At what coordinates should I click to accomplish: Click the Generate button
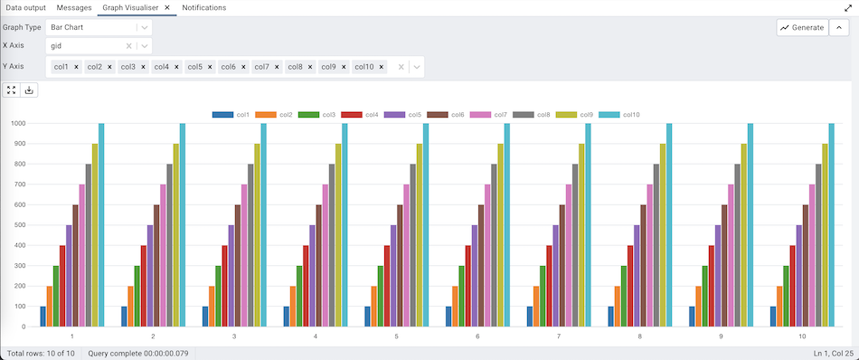tap(801, 27)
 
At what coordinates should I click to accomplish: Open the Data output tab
tap(26, 7)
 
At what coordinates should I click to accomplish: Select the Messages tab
tap(74, 7)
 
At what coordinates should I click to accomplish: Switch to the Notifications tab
tap(204, 7)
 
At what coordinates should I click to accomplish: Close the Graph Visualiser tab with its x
tap(167, 7)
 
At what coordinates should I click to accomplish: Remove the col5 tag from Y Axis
tap(209, 67)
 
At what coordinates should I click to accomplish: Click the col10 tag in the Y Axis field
tap(363, 67)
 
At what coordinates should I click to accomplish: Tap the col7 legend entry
tap(490, 115)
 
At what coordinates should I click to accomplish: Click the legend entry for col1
tap(232, 115)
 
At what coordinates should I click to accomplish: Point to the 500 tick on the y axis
tap(19, 225)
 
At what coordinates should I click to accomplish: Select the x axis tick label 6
tap(477, 336)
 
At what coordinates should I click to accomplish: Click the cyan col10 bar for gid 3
tap(264, 224)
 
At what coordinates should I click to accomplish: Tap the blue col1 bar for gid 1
tap(42, 317)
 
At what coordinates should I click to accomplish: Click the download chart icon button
tap(29, 90)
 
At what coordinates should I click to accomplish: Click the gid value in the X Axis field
tap(57, 45)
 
